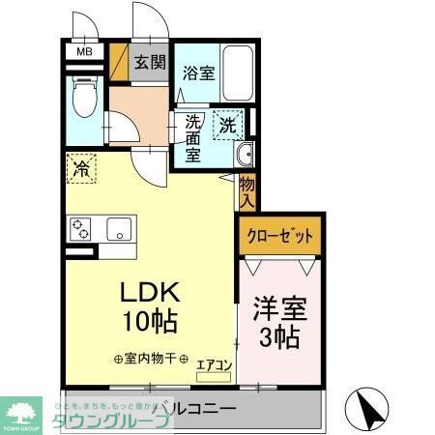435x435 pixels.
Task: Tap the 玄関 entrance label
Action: (150, 64)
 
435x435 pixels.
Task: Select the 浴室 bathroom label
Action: (198, 72)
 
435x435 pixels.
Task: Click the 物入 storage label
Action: (246, 192)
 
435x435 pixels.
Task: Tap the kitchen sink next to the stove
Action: (120, 230)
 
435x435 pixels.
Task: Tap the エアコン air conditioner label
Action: (214, 364)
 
